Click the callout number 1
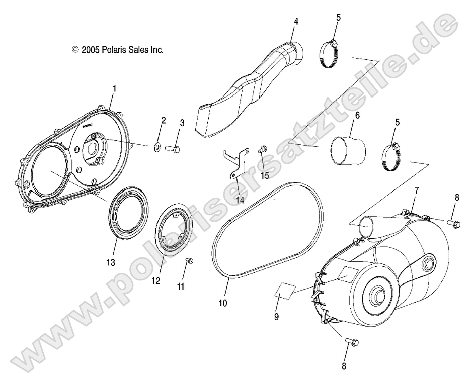tap(114, 88)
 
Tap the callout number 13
tap(111, 262)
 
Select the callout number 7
tap(417, 190)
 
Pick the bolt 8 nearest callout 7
tap(453, 222)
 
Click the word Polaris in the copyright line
tap(116, 50)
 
